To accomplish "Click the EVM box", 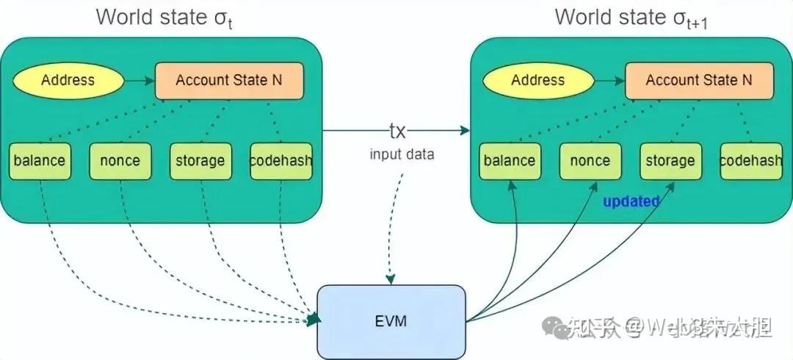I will (x=391, y=320).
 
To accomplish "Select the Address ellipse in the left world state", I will (x=68, y=79).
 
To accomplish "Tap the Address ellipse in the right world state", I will (x=537, y=79).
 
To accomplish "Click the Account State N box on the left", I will (x=229, y=80).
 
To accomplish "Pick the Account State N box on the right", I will (x=699, y=80).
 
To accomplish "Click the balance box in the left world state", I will (x=39, y=160).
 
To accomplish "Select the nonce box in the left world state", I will (x=120, y=160).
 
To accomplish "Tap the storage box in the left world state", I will (x=200, y=160).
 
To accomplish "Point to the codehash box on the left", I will (x=280, y=160).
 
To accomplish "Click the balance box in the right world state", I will (x=509, y=160).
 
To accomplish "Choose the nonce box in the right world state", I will (x=590, y=160).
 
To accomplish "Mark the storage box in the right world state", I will (x=670, y=160).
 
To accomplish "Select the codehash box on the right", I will (x=750, y=160).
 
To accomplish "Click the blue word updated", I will (x=631, y=201).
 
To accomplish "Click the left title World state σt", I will (x=164, y=18).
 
